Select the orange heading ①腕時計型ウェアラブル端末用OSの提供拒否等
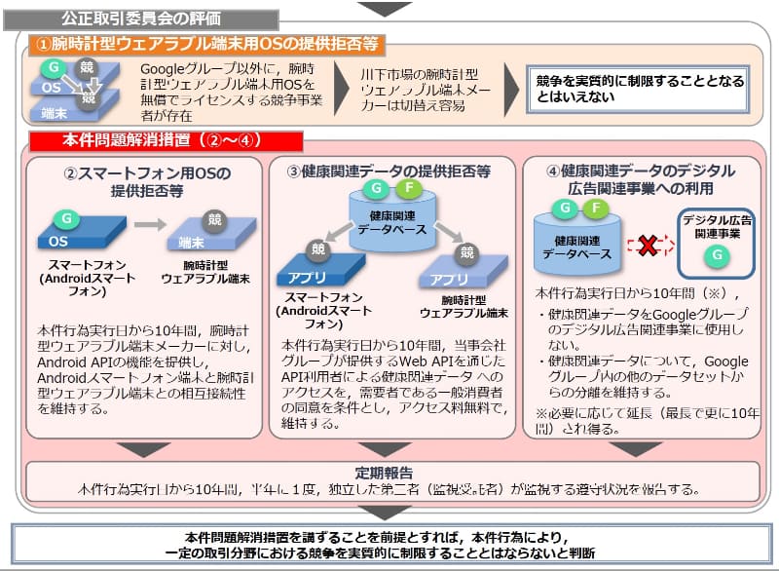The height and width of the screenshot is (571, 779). tap(206, 43)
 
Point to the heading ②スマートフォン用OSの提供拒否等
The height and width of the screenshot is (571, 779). tap(146, 182)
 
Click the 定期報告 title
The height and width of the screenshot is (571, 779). tap(389, 472)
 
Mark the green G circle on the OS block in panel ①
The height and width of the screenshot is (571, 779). tap(56, 65)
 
